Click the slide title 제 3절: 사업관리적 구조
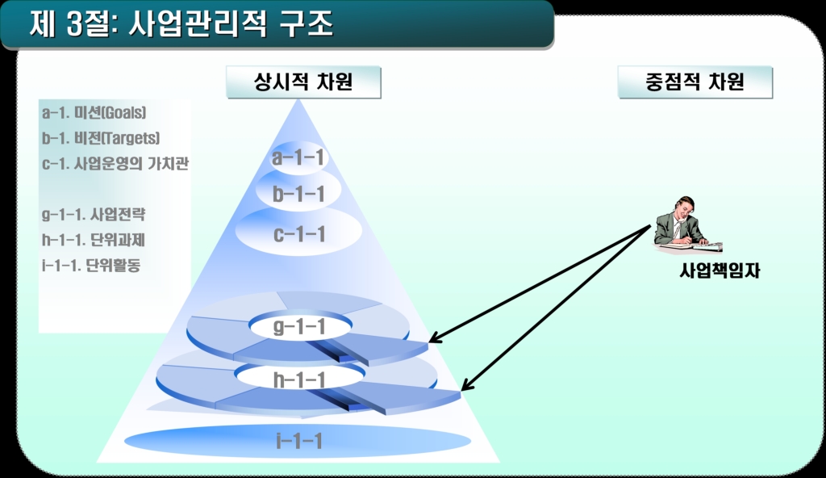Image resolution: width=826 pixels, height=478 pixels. pos(181,24)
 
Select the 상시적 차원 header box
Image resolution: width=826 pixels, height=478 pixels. pos(303,82)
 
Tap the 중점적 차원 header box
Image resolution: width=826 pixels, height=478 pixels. pos(695,82)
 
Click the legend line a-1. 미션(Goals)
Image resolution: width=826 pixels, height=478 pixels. pos(94,112)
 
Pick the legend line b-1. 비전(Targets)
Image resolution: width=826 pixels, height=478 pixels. pos(101,138)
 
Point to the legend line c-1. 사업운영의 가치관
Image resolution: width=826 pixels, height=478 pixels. pos(115,164)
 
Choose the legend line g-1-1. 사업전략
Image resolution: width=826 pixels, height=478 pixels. pos(94,214)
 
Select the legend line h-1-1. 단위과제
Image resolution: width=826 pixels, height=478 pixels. pos(94,240)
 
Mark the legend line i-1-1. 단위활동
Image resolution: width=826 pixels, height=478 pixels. pos(90,265)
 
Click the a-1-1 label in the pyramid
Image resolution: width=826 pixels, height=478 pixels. pos(298,157)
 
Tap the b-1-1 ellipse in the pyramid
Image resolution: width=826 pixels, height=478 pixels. pos(298,194)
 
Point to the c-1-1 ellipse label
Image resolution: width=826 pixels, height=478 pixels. pos(299,233)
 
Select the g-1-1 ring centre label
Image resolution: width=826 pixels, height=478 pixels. pos(299,327)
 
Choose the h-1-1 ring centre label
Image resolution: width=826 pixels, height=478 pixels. pos(299,379)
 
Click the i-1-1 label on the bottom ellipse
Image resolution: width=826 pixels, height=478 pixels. pos(298,441)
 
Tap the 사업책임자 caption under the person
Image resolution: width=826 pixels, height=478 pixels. pos(720,270)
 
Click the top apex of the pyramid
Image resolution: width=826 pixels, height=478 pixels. pos(298,100)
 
